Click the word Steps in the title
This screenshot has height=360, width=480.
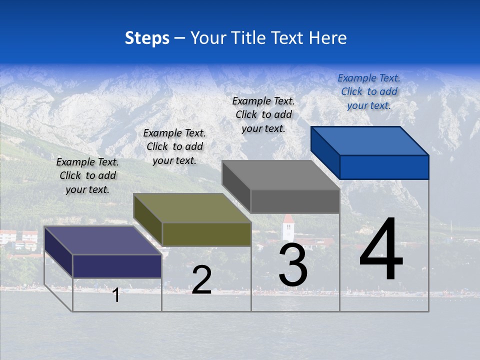(x=147, y=38)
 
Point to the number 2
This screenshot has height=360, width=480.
(x=201, y=280)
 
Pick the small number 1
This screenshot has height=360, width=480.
(x=116, y=295)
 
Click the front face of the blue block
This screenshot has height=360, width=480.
(x=384, y=167)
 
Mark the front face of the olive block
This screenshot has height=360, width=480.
(x=206, y=234)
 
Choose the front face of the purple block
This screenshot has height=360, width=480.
(x=117, y=266)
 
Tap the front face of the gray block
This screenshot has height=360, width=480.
(x=295, y=201)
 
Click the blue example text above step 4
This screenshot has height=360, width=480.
(x=369, y=91)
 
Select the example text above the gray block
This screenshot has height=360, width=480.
(x=263, y=114)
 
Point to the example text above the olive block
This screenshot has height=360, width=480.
(x=174, y=146)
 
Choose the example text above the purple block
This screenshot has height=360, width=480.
(x=87, y=175)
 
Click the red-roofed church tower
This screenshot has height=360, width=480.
(x=288, y=227)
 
